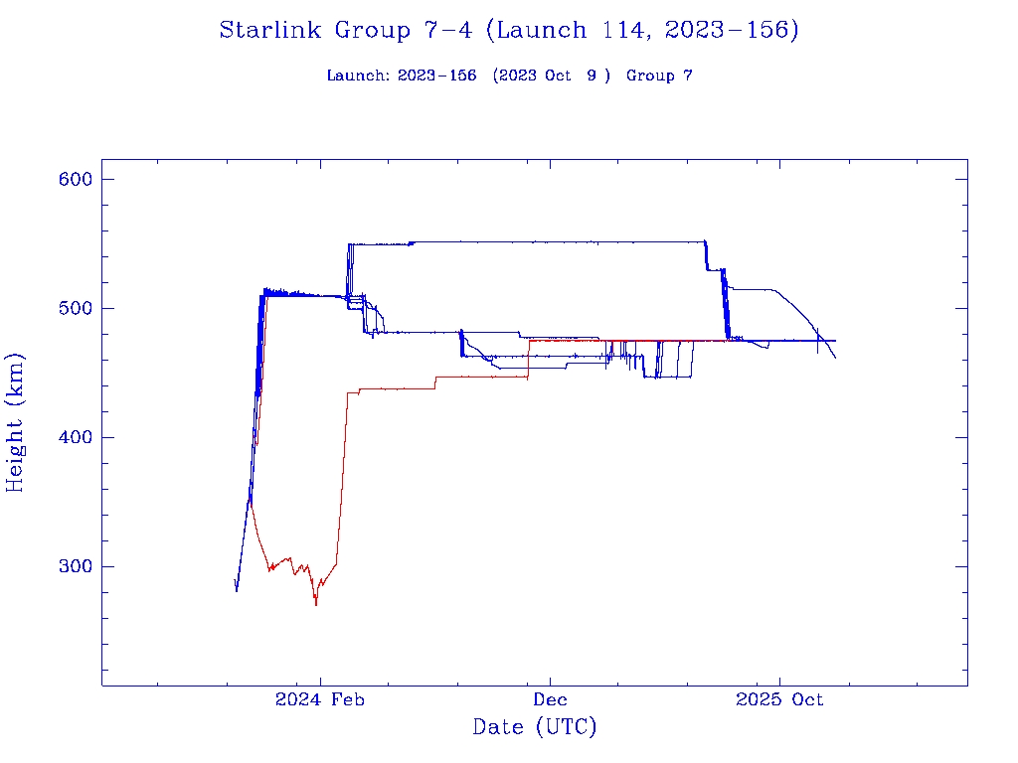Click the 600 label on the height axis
(x=75, y=179)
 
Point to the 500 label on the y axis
(x=75, y=308)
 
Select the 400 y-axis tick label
(x=75, y=437)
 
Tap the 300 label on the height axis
(x=75, y=566)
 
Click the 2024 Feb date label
(x=320, y=700)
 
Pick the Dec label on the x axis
(x=550, y=700)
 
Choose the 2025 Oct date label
(x=779, y=700)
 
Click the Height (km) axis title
(x=16, y=422)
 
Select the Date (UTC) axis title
(x=535, y=727)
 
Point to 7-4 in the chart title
(x=443, y=31)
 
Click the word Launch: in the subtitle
(x=359, y=76)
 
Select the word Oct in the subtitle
(x=559, y=76)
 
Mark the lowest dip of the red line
(x=316, y=604)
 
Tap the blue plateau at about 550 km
(x=527, y=241)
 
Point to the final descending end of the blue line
(x=835, y=358)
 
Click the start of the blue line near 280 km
(x=237, y=590)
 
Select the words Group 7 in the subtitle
(x=659, y=76)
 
